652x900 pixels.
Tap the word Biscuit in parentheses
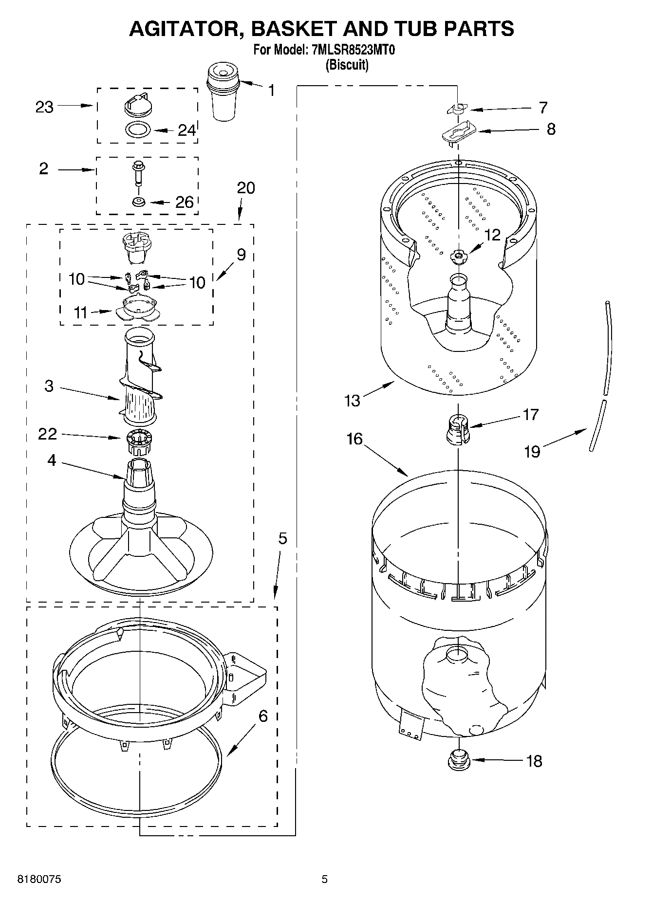pyautogui.click(x=347, y=64)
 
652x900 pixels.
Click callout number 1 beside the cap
pyautogui.click(x=271, y=90)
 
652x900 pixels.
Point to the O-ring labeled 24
pyautogui.click(x=138, y=130)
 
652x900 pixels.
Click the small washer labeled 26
pyautogui.click(x=138, y=202)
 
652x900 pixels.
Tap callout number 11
pyautogui.click(x=80, y=312)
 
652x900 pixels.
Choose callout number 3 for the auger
pyautogui.click(x=49, y=386)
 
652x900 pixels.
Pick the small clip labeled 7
pyautogui.click(x=457, y=109)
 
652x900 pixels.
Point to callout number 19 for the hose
pyautogui.click(x=532, y=451)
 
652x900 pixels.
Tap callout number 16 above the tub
pyautogui.click(x=354, y=439)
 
